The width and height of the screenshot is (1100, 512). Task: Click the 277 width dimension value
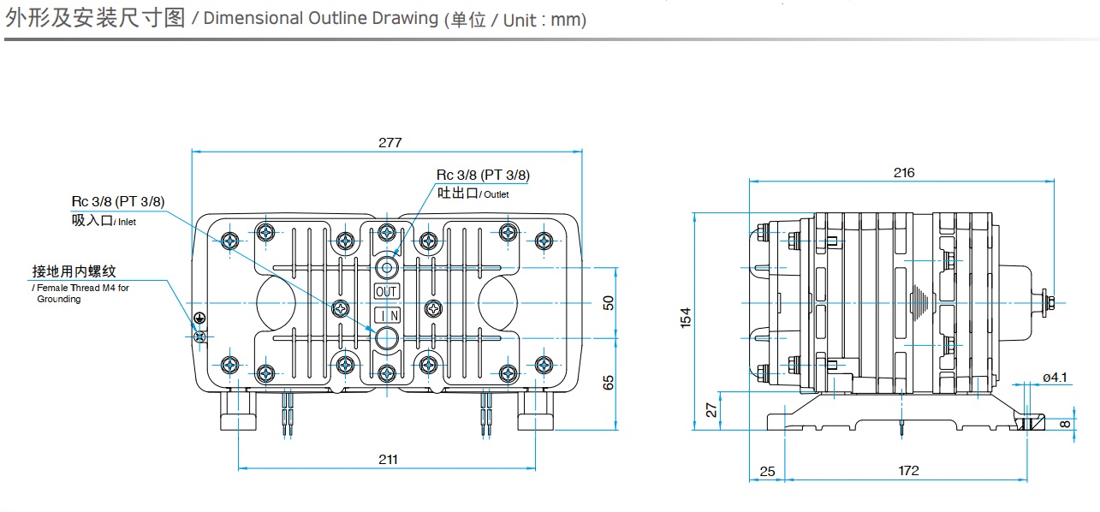(x=389, y=143)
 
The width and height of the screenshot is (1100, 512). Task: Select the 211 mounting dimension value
(x=388, y=460)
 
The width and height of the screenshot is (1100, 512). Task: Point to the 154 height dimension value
(x=685, y=318)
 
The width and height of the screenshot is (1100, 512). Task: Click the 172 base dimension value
(x=908, y=471)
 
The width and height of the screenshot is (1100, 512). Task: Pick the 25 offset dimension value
(x=767, y=471)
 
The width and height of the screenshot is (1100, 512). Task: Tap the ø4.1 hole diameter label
(x=1055, y=378)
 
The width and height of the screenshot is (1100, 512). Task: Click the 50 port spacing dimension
(x=609, y=303)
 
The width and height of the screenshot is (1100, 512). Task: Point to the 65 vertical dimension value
(x=609, y=383)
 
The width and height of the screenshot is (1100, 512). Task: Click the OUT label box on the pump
(x=387, y=291)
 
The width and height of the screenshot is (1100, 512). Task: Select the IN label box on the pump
(x=387, y=316)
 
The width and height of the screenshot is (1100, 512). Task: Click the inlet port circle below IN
(x=387, y=338)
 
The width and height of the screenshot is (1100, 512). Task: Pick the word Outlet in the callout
(x=496, y=195)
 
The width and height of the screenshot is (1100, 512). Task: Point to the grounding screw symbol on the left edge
(x=199, y=335)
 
